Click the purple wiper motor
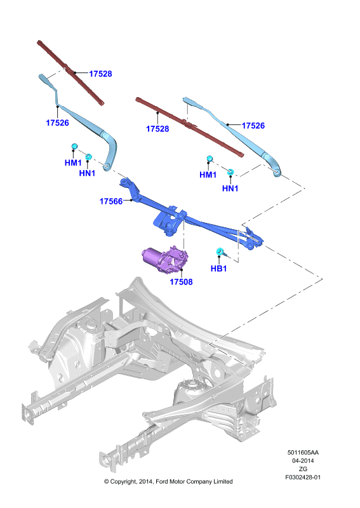coord(165,259)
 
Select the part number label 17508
coord(181,282)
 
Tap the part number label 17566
coord(111,201)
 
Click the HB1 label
coord(218,268)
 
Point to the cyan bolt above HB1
coord(220,251)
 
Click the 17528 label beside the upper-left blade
coord(100,74)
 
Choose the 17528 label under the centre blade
coord(157,129)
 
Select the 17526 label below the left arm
coord(57,123)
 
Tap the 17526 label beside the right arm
coord(253,125)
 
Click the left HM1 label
coord(73,163)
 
